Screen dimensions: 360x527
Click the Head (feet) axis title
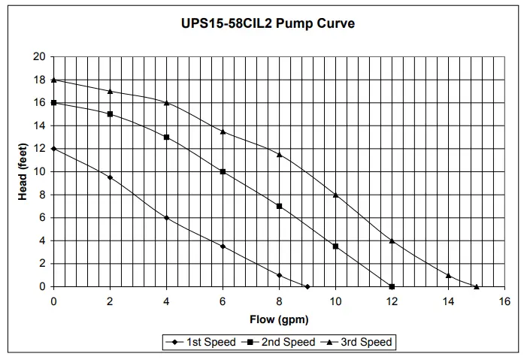coord(23,172)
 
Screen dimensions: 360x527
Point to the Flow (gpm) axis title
coord(279,319)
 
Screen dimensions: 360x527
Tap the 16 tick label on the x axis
coord(504,301)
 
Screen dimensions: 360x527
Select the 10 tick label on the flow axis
coord(335,301)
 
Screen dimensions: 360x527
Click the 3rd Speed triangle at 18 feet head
coord(54,80)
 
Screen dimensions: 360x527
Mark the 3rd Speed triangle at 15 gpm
coord(477,286)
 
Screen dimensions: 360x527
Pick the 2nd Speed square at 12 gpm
coord(392,286)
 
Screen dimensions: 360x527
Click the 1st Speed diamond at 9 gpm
coord(307,286)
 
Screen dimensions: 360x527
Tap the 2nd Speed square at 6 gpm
coord(223,171)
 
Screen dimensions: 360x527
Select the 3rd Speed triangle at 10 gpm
coord(335,195)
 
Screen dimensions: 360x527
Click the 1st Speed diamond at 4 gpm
coord(166,218)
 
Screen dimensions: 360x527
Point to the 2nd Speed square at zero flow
coord(54,102)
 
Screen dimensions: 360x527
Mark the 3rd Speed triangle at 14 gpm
coord(448,275)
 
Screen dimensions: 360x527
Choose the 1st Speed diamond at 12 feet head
coord(54,149)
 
